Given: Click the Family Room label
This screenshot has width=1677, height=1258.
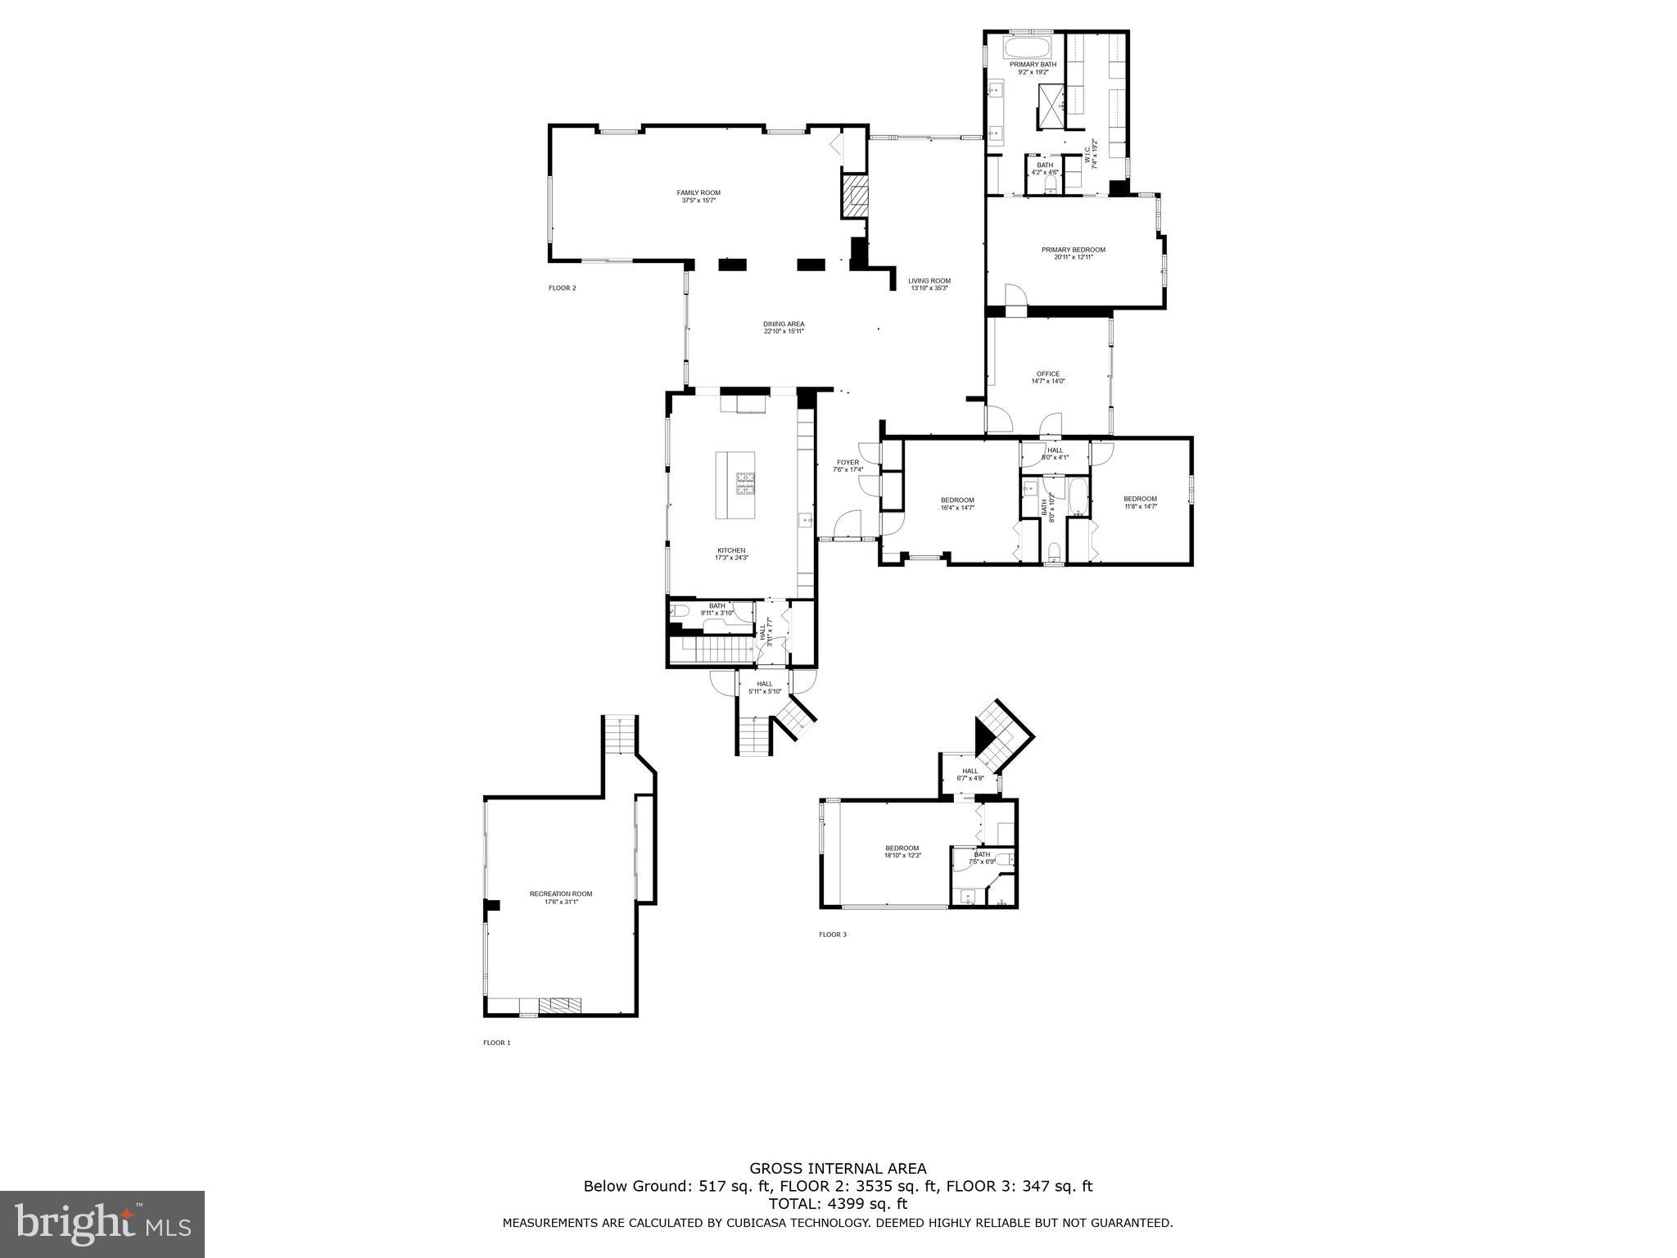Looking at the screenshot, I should [698, 197].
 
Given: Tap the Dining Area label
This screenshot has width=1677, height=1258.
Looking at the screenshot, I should [784, 328].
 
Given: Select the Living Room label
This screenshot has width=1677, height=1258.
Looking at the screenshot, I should [929, 284].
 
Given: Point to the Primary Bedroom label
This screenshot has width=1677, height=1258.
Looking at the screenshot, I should [1073, 253].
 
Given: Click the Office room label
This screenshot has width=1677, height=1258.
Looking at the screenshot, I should [1047, 378].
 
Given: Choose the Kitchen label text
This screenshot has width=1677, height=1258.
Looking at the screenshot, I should [731, 554].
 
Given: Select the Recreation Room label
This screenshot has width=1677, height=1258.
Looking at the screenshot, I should [561, 898].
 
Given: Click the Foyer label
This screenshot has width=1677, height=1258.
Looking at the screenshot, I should [848, 466].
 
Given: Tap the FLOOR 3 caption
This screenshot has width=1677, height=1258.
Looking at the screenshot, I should [833, 934].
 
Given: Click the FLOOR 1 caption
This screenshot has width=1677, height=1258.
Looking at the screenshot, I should [496, 1043].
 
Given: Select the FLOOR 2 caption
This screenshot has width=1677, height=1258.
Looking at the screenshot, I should [562, 288].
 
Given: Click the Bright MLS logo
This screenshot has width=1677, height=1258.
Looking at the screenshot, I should [102, 1224].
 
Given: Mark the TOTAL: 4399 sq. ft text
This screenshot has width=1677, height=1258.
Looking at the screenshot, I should [838, 1204].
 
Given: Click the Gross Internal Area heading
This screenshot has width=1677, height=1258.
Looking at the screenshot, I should [838, 1169].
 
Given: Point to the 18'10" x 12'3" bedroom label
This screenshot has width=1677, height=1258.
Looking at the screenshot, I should [902, 852].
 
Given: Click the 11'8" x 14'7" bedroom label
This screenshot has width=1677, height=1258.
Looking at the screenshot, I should [1140, 503].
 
